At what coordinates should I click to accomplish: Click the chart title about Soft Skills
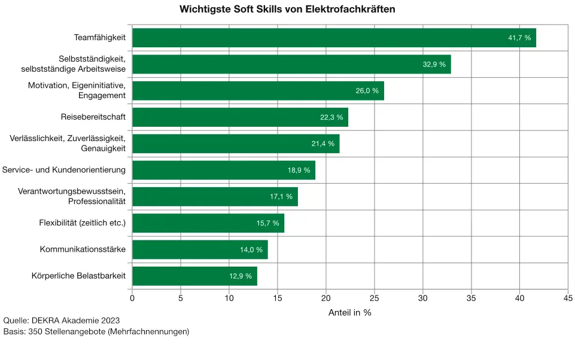tap(287, 10)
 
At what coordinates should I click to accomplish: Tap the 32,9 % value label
tap(434, 64)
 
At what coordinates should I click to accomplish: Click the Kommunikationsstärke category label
tap(83, 249)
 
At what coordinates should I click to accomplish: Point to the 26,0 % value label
tap(367, 91)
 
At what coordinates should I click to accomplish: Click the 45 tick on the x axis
tap(568, 297)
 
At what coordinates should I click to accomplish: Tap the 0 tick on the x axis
tap(132, 297)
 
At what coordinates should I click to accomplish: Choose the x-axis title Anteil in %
tap(350, 312)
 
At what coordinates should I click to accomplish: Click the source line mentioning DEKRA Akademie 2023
tap(62, 321)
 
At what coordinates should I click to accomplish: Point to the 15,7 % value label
tap(268, 223)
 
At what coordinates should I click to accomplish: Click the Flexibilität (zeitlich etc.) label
tap(82, 223)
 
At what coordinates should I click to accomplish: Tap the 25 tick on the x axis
tap(375, 297)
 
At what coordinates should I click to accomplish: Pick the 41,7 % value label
tap(519, 38)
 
